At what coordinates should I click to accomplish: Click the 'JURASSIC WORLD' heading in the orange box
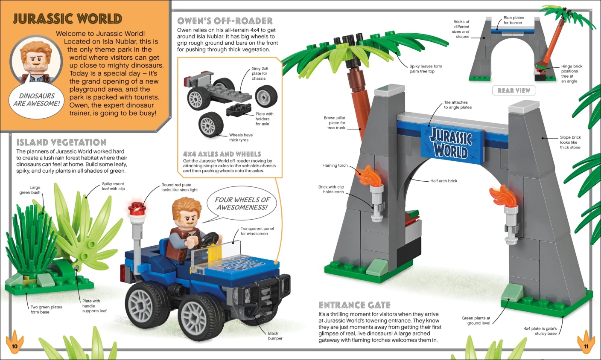point(67,19)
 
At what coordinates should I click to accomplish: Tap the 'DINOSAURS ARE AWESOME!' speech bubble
point(36,100)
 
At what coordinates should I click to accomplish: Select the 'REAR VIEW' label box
point(514,90)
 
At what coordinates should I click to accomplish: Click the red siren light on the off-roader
point(137,209)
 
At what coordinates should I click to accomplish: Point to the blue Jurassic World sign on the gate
point(452,143)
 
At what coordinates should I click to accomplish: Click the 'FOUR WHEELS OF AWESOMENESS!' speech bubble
point(242,204)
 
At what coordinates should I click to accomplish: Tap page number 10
point(14,346)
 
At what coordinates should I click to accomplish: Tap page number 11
point(586,346)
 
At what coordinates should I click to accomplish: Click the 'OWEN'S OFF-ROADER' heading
point(225,21)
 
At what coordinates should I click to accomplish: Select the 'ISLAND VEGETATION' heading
point(61,142)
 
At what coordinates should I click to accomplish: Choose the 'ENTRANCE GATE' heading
point(354,305)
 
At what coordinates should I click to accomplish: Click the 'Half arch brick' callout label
point(444,181)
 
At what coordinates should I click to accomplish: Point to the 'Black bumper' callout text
point(275,336)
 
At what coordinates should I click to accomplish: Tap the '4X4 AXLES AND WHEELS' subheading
point(222,154)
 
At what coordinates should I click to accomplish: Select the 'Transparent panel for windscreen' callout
point(257,231)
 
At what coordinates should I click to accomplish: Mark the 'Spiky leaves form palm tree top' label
point(426,69)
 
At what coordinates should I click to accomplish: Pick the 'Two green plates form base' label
point(46,310)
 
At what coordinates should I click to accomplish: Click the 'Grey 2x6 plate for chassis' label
point(260,73)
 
